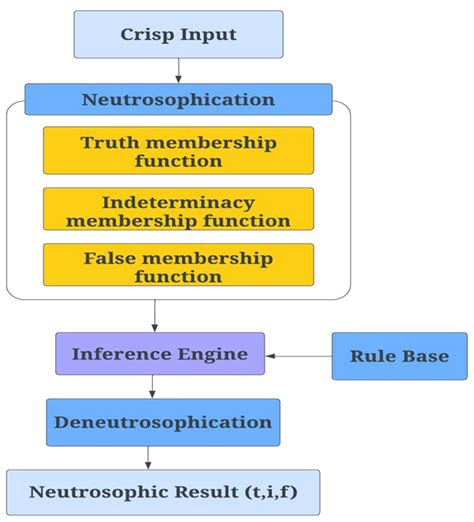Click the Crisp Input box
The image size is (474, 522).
[x=178, y=33]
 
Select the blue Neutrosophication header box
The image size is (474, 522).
[x=178, y=99]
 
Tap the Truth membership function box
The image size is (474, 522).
[x=178, y=151]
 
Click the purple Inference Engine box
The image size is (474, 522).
[x=160, y=354]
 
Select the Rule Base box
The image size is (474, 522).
[x=399, y=356]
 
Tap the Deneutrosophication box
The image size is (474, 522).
[x=163, y=422]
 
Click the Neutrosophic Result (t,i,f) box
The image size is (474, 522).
[x=163, y=492]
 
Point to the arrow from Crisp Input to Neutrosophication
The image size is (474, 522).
[x=178, y=70]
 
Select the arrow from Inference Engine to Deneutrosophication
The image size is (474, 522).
[x=153, y=387]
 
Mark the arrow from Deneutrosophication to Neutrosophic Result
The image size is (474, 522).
[x=150, y=457]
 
